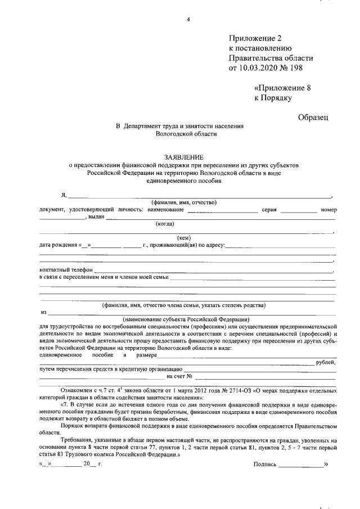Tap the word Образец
tap(313, 116)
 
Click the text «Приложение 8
tap(283, 88)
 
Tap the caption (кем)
tap(184, 237)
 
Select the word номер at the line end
tap(328, 210)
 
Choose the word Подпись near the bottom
tap(265, 465)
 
